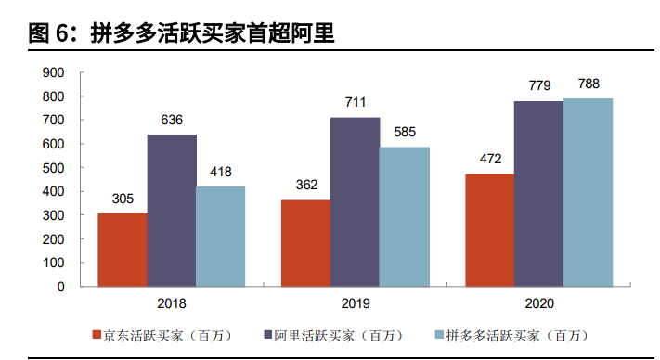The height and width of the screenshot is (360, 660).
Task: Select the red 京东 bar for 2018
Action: point(122,250)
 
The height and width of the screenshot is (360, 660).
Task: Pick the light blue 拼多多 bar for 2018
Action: point(220,237)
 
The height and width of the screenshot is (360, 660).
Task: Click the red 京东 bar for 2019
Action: point(305,243)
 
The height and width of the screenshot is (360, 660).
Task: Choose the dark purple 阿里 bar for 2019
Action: point(355,201)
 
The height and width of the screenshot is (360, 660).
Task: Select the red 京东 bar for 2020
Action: point(489,230)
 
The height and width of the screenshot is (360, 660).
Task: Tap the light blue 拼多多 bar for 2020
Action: point(588,192)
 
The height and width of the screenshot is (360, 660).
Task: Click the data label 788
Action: point(589,84)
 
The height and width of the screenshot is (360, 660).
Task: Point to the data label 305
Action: point(122,198)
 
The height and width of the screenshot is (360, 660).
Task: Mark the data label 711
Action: point(355,101)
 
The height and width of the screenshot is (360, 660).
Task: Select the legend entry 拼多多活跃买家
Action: point(516,334)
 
